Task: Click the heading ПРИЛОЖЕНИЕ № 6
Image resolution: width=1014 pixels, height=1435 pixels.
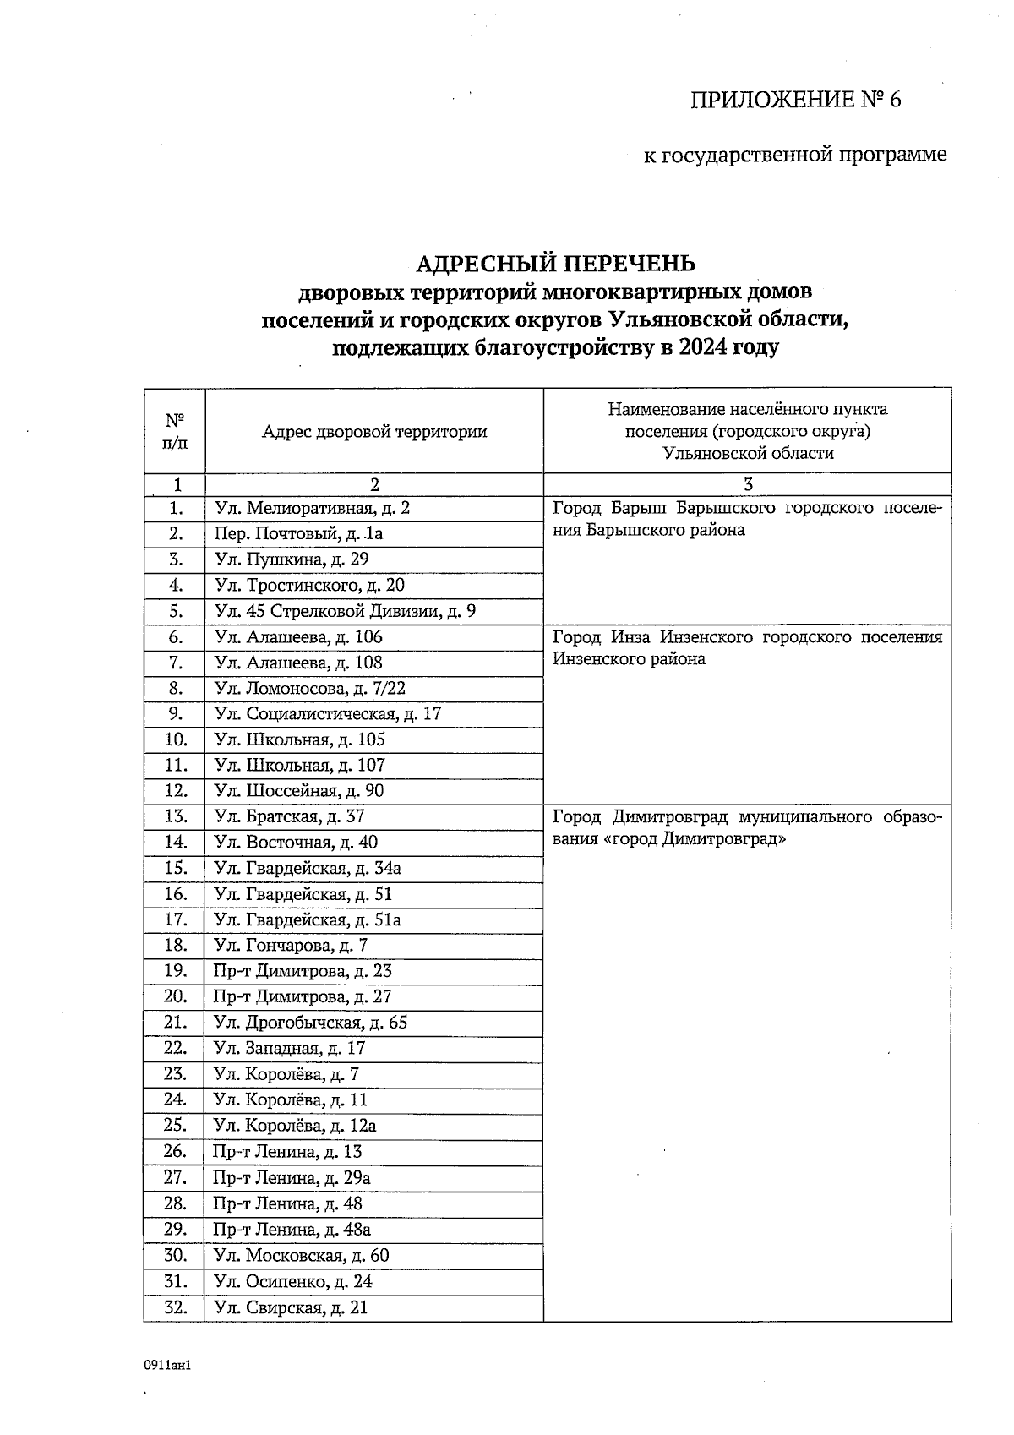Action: coord(796,101)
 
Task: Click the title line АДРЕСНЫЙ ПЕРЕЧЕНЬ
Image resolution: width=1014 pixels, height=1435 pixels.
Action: coord(555,264)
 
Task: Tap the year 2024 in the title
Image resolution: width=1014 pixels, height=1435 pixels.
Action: coord(703,347)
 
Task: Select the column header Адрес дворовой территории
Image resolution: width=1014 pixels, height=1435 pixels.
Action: coord(374,432)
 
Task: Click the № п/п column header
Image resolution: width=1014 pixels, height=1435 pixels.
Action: coord(174,431)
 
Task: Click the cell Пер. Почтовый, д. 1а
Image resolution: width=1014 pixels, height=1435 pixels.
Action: coord(298,534)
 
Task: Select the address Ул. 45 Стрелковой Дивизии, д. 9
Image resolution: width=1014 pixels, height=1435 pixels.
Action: coord(345,611)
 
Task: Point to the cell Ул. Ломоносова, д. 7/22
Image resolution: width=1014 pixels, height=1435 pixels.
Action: coord(309,688)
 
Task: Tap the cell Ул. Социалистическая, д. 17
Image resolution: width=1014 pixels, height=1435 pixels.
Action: coord(328,714)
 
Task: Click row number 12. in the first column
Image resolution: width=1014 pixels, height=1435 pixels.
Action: coord(175,791)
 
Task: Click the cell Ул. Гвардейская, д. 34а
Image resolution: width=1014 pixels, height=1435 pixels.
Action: coord(308,868)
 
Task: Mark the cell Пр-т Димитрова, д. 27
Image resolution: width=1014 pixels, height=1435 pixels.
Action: coord(303,996)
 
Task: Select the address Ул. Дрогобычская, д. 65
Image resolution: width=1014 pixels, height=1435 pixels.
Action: coord(310,1023)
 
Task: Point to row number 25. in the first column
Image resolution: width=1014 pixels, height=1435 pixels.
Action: coord(175,1126)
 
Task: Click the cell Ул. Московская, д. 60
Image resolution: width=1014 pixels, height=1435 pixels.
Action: coord(301,1255)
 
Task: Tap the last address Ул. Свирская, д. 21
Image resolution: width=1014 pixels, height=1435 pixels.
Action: coord(291,1307)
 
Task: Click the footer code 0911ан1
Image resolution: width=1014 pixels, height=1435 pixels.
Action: coord(168,1365)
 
